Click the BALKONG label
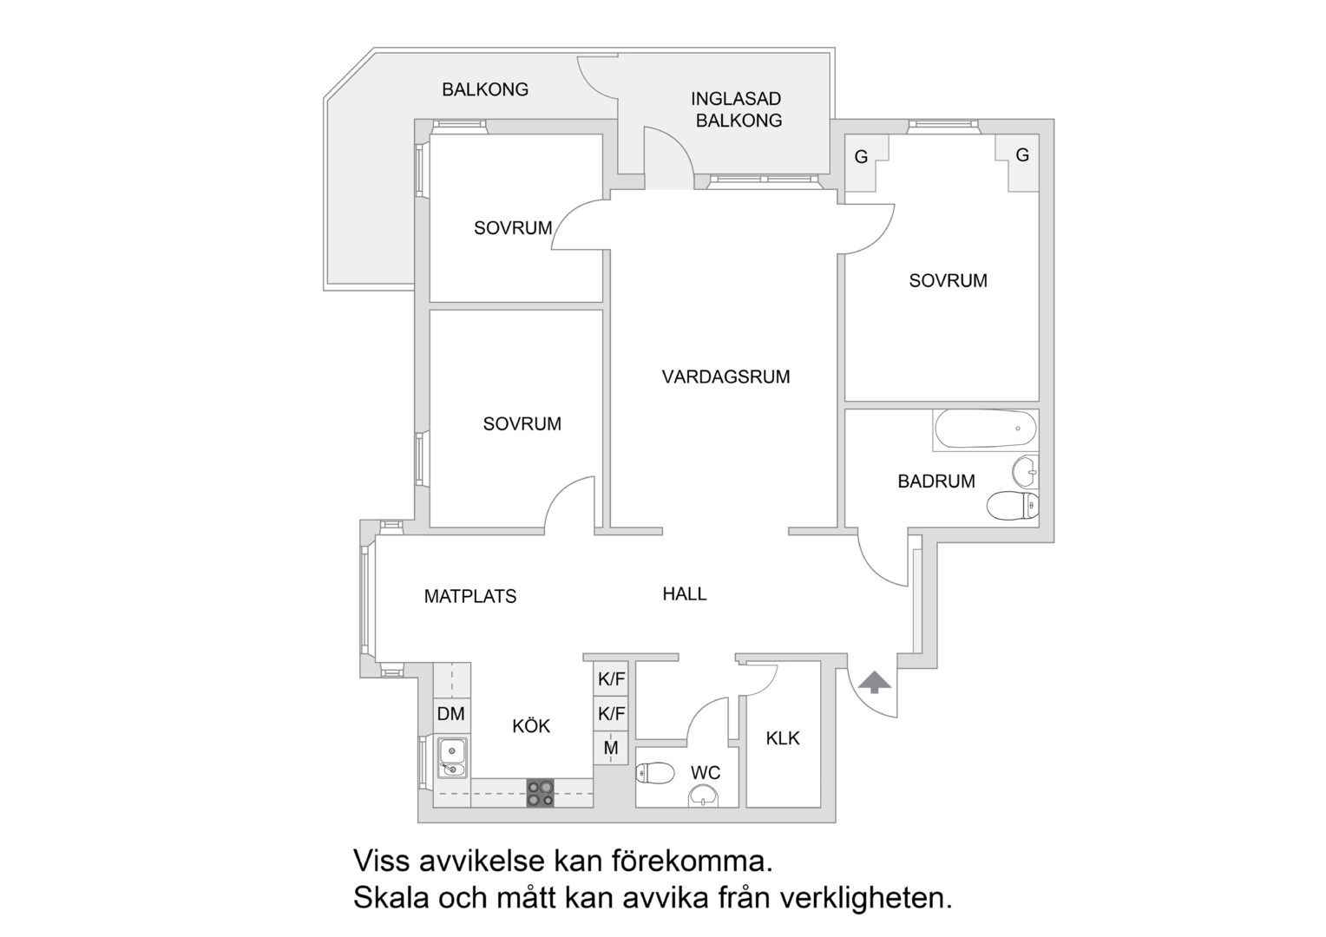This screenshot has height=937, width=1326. point(485,89)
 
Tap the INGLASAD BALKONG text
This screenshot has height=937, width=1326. point(737,109)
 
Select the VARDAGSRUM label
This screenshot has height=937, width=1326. point(725,377)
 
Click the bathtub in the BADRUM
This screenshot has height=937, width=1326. point(986,429)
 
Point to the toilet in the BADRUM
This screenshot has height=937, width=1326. point(1012,506)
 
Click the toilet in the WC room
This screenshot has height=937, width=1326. point(655,772)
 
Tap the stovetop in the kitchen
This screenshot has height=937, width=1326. point(541,793)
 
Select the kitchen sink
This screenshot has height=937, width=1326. point(452,757)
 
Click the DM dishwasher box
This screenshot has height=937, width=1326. point(451,714)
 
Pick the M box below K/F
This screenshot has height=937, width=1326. point(611,748)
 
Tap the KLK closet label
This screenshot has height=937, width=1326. point(783,738)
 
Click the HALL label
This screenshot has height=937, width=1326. point(685,593)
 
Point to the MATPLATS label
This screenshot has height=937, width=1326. point(470,596)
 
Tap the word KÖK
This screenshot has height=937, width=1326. point(531,725)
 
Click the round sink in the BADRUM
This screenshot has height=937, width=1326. point(1025,472)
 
